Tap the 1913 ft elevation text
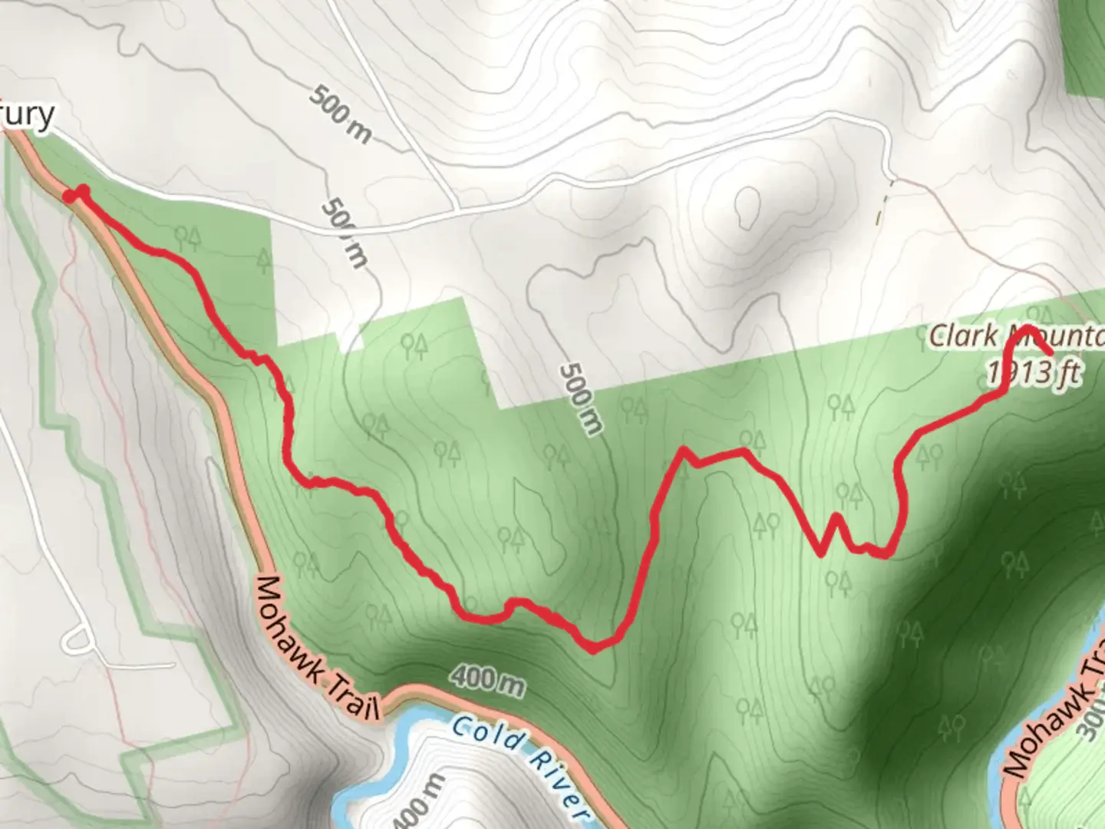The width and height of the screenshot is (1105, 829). (x=1033, y=373)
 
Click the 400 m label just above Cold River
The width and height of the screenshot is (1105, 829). (x=487, y=679)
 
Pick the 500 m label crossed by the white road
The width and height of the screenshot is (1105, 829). (x=343, y=233)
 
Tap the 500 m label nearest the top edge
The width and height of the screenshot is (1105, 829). (x=341, y=115)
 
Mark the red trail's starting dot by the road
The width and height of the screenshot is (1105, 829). (x=69, y=197)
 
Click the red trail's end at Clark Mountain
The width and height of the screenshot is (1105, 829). (x=1050, y=352)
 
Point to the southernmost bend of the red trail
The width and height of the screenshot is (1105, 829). (x=592, y=649)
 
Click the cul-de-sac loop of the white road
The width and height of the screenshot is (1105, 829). (x=78, y=639)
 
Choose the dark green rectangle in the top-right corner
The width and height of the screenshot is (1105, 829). (x=1085, y=46)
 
